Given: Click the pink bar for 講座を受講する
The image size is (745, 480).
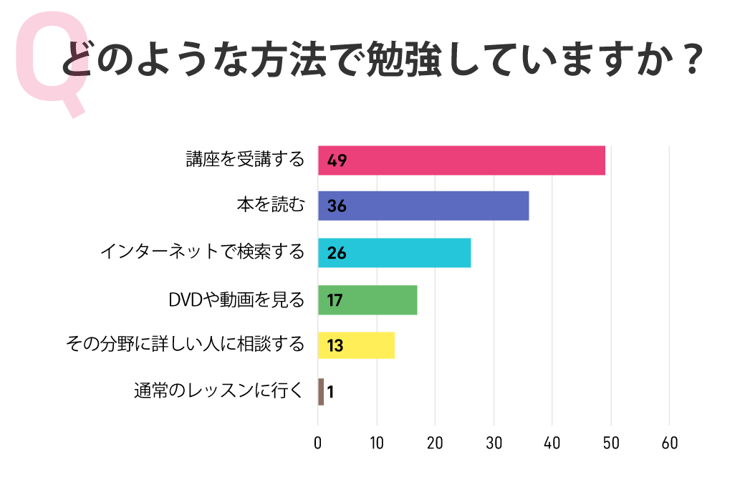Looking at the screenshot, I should click(462, 160).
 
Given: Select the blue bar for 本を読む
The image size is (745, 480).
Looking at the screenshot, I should click(423, 206).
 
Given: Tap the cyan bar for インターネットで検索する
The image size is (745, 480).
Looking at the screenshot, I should click(394, 253).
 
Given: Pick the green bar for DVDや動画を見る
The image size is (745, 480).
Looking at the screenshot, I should click(367, 299).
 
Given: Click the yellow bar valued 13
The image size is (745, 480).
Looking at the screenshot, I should click(356, 345).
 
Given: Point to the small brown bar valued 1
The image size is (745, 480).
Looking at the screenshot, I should click(321, 392).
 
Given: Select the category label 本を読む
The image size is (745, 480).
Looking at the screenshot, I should click(271, 206).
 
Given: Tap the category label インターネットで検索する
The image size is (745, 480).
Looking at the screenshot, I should click(203, 252).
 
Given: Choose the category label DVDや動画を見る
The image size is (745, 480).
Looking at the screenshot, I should click(236, 299).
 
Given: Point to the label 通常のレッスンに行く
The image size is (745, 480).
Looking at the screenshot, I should click(219, 392).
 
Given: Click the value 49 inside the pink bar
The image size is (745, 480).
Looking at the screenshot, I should click(337, 160).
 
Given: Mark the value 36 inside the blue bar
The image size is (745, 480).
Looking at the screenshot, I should click(337, 207).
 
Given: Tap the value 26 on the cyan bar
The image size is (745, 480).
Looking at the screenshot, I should click(337, 254).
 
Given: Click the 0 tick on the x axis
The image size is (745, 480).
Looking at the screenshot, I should click(318, 443).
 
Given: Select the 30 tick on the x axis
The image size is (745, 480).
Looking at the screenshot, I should click(494, 443).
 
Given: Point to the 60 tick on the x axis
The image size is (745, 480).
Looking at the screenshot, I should click(669, 443).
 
